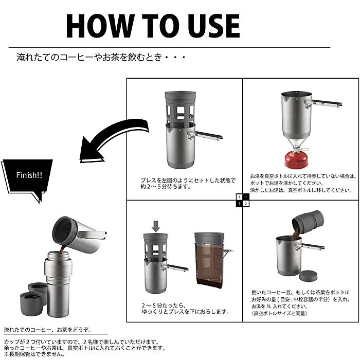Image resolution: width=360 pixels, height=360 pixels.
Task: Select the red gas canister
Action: click(x=296, y=159)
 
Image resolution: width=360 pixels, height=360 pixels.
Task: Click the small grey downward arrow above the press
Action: click(x=156, y=226)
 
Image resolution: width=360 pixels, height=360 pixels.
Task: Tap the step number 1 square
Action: click(x=246, y=197)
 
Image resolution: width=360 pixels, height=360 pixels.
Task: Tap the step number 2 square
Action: click(x=246, y=204)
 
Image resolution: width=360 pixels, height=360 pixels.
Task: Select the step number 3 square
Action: click(x=240, y=204)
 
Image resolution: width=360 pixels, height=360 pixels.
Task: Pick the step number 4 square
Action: click(x=240, y=197)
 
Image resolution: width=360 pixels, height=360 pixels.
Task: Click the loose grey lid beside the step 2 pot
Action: click(x=309, y=276)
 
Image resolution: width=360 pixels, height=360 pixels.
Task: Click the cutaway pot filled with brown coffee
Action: click(x=209, y=261)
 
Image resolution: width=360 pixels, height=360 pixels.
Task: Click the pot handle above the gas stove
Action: click(x=323, y=103)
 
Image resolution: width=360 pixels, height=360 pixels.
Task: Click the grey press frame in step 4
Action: click(x=181, y=108)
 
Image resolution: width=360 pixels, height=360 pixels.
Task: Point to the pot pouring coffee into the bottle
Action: click(x=79, y=234)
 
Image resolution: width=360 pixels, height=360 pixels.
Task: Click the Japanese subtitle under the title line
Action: click(x=101, y=57)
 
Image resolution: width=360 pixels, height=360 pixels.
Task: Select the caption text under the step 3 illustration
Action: click(x=186, y=309)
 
